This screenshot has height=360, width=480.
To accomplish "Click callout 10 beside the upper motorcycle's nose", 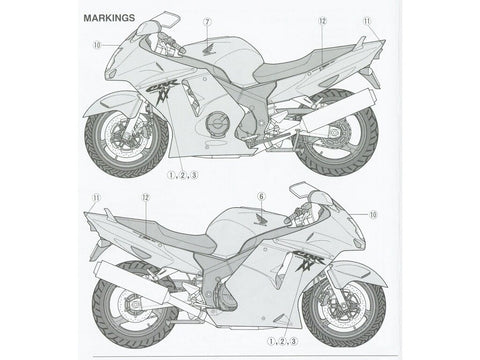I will [x=97, y=45].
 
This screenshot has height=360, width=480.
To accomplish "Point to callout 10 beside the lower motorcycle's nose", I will [x=375, y=213].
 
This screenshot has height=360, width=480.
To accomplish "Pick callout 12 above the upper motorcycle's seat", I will [x=322, y=21].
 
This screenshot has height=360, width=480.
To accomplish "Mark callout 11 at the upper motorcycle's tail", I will [x=366, y=21].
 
